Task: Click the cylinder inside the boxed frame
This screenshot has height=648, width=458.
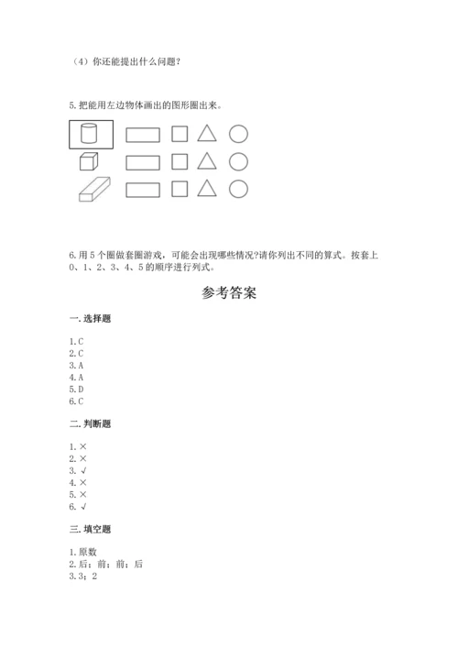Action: pos(90,135)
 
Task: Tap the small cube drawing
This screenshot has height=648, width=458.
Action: pos(88,162)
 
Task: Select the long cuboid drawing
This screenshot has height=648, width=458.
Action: pos(92,190)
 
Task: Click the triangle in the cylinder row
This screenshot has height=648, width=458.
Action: pos(208,134)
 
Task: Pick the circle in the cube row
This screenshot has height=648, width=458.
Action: pos(238,161)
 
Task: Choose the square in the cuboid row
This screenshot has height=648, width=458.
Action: pos(180,189)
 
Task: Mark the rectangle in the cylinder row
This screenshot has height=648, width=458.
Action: pos(142,135)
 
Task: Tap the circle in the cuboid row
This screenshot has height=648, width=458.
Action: pos(238,189)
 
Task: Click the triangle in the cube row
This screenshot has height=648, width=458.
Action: pos(208,161)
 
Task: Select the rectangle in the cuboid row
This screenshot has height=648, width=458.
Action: pos(142,190)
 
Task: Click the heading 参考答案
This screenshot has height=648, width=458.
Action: pos(228,293)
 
